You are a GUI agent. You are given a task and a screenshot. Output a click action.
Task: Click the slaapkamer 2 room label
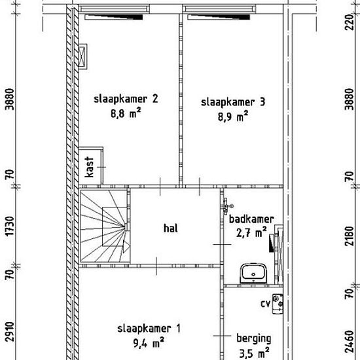pos(126,99)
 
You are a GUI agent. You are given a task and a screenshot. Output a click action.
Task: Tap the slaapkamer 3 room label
pos(233,102)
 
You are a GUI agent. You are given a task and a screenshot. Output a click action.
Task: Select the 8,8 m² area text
pos(126,113)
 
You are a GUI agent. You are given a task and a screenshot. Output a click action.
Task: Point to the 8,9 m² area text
pos(233,117)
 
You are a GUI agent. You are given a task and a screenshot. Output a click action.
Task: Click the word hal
pos(171,228)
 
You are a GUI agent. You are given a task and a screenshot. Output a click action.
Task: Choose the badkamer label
pos(251,219)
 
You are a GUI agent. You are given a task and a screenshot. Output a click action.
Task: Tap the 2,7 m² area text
pos(251,233)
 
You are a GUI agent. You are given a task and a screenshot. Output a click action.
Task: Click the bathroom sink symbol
pos(253,274)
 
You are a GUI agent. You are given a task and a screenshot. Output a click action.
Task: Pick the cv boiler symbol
pos(278,304)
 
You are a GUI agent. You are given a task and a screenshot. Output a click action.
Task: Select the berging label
pos(254,339)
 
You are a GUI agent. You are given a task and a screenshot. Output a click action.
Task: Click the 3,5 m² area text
pos(254,353)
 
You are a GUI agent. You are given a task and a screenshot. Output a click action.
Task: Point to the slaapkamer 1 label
pos(149,329)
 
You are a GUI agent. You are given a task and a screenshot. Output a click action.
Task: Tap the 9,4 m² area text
pos(149,343)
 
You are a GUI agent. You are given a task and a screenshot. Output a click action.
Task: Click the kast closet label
pos(89,167)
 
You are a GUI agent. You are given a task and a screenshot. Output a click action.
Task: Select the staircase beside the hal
pos(105,226)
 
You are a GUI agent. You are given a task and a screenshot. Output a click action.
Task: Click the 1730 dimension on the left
pos(10,226)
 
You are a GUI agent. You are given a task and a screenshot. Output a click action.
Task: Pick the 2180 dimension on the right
pos(349,236)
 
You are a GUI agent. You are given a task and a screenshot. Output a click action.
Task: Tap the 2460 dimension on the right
pos(349,342)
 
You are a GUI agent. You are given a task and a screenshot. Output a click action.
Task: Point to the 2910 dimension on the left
pos(10,332)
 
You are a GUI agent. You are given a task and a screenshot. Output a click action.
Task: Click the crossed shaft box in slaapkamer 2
pos(82,56)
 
